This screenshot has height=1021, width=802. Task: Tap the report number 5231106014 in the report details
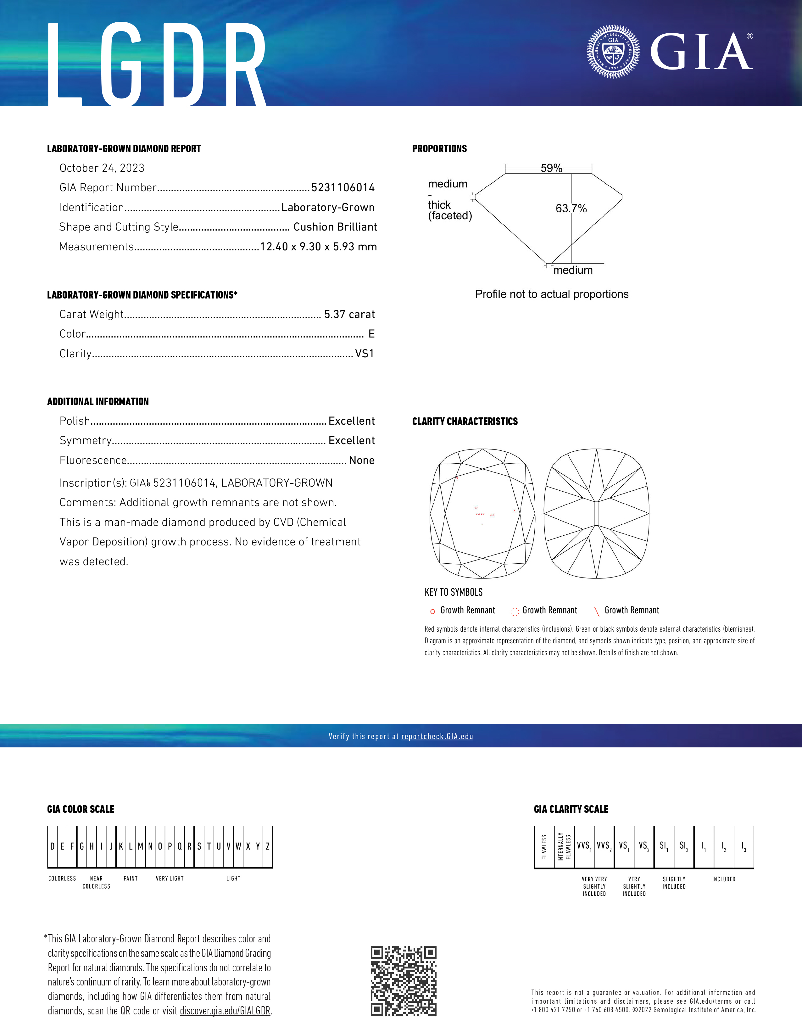click(x=343, y=188)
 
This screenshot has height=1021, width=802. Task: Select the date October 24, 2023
click(x=102, y=168)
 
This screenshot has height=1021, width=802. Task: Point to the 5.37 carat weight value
click(x=349, y=315)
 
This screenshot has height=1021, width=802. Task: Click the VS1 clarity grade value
click(x=365, y=354)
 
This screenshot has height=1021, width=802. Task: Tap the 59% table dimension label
click(x=551, y=168)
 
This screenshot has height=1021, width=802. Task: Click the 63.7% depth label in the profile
click(x=571, y=209)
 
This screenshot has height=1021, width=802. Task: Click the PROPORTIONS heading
click(x=439, y=149)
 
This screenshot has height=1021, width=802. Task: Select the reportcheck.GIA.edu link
click(x=437, y=736)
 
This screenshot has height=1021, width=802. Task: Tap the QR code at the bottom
click(x=403, y=981)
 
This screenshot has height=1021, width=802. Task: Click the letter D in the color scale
click(x=53, y=846)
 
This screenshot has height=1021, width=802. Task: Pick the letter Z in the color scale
click(x=268, y=846)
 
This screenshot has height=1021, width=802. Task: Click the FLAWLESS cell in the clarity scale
click(x=544, y=847)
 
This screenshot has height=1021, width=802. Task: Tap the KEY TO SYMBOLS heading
click(x=453, y=592)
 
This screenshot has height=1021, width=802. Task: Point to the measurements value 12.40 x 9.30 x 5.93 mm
click(x=318, y=247)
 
